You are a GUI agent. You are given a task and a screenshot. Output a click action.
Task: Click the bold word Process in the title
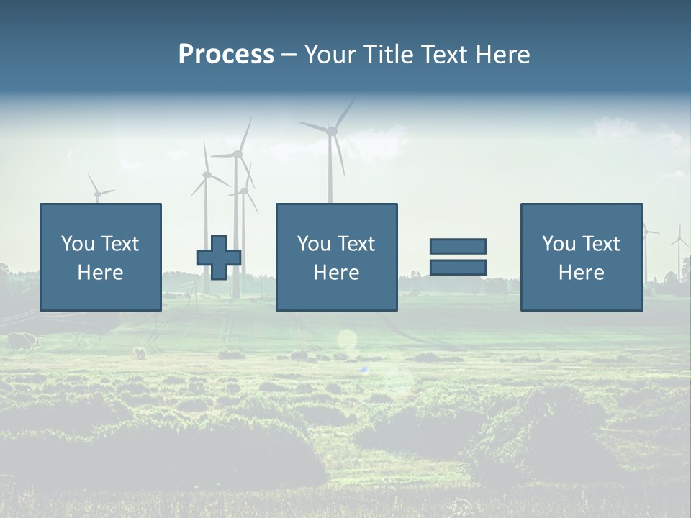click(x=226, y=55)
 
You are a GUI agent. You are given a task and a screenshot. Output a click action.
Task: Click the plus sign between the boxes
click(x=219, y=258)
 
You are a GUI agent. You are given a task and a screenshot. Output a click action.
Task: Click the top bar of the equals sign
click(x=458, y=246)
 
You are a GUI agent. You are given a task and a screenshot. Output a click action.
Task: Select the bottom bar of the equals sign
click(x=458, y=268)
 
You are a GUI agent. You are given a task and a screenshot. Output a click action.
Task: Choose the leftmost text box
click(x=100, y=257)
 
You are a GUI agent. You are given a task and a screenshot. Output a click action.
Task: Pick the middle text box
click(x=336, y=257)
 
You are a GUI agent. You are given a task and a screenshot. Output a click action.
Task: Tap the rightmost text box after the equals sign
click(x=581, y=257)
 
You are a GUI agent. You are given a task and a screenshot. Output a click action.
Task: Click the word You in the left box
click(x=78, y=244)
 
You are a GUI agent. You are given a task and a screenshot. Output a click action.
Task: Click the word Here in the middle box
click(x=336, y=273)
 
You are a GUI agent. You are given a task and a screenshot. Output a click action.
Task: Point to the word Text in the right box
click(x=602, y=244)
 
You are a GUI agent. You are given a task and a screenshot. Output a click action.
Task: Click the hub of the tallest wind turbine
click(x=331, y=131)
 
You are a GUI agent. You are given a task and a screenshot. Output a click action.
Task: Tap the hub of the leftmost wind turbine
click(x=97, y=194)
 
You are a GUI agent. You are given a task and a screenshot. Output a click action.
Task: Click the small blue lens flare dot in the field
click(x=364, y=370)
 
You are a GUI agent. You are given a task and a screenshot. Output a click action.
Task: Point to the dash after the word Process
click(x=289, y=55)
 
